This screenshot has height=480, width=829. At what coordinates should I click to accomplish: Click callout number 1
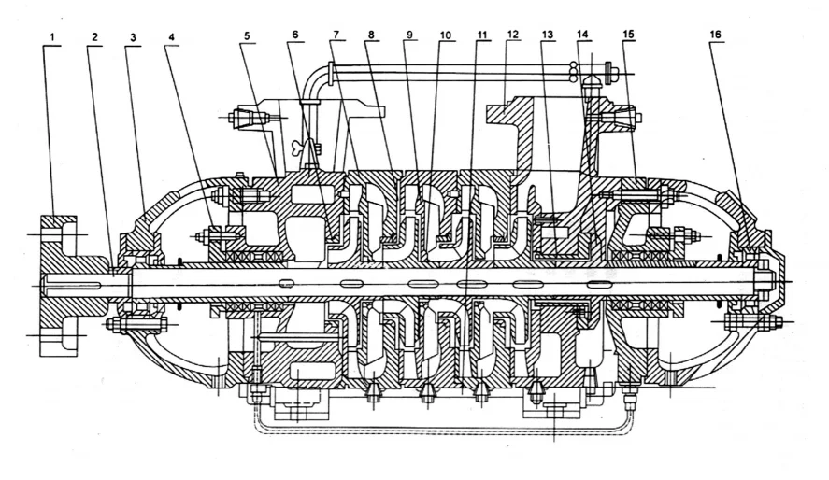pyautogui.click(x=54, y=36)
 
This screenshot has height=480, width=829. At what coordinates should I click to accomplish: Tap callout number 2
pyautogui.click(x=94, y=36)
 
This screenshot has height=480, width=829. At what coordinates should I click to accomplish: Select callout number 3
pyautogui.click(x=133, y=36)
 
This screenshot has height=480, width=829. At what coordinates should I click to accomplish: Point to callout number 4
pyautogui.click(x=170, y=36)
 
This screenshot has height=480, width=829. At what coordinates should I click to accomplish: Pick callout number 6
pyautogui.click(x=294, y=35)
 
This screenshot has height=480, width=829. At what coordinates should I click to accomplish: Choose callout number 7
pyautogui.click(x=335, y=35)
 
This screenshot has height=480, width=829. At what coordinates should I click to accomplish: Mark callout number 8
pyautogui.click(x=371, y=35)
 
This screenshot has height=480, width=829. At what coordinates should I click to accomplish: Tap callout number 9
pyautogui.click(x=409, y=35)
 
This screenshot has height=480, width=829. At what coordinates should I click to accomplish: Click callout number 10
pyautogui.click(x=445, y=35)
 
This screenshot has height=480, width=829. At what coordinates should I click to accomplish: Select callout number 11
pyautogui.click(x=481, y=35)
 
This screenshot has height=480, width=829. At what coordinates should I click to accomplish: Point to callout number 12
pyautogui.click(x=512, y=35)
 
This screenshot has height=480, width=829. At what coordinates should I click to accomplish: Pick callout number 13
pyautogui.click(x=547, y=35)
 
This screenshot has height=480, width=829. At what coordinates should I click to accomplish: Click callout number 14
pyautogui.click(x=583, y=35)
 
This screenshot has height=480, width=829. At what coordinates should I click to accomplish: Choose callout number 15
pyautogui.click(x=628, y=35)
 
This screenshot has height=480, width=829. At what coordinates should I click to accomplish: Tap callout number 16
pyautogui.click(x=715, y=35)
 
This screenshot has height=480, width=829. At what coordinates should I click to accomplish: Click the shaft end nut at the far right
pyautogui.click(x=763, y=277)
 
